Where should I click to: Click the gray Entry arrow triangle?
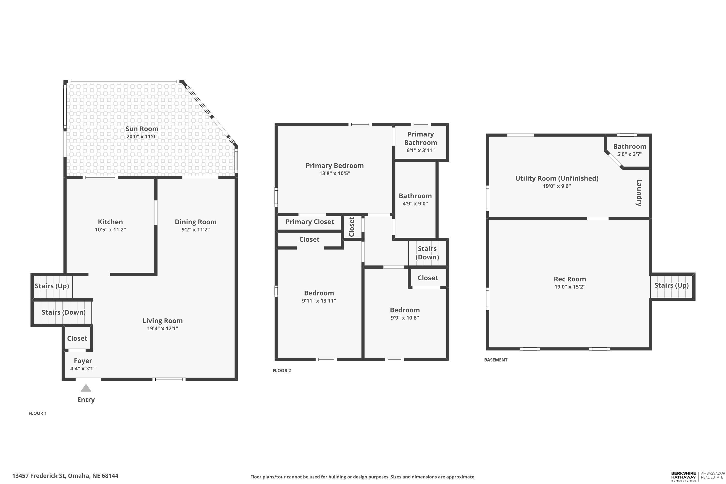[86, 388]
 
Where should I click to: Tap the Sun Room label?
[142, 129]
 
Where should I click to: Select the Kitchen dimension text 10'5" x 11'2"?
[111, 230]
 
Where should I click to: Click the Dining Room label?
[196, 222]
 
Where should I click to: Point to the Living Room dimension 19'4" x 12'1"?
[163, 328]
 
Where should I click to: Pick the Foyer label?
[83, 361]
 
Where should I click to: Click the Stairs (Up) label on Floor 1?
[52, 286]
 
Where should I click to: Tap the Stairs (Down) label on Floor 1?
[64, 312]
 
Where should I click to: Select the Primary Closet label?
[310, 222]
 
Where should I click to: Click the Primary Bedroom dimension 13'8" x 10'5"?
[335, 174]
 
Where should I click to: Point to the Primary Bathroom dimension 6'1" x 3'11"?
[420, 151]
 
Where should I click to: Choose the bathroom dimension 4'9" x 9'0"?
[415, 204]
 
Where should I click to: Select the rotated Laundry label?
[639, 193]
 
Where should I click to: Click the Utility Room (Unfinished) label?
[557, 178]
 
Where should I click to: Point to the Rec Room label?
[570, 279]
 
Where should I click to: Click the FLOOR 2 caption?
[282, 371]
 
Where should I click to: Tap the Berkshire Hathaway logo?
[683, 476]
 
